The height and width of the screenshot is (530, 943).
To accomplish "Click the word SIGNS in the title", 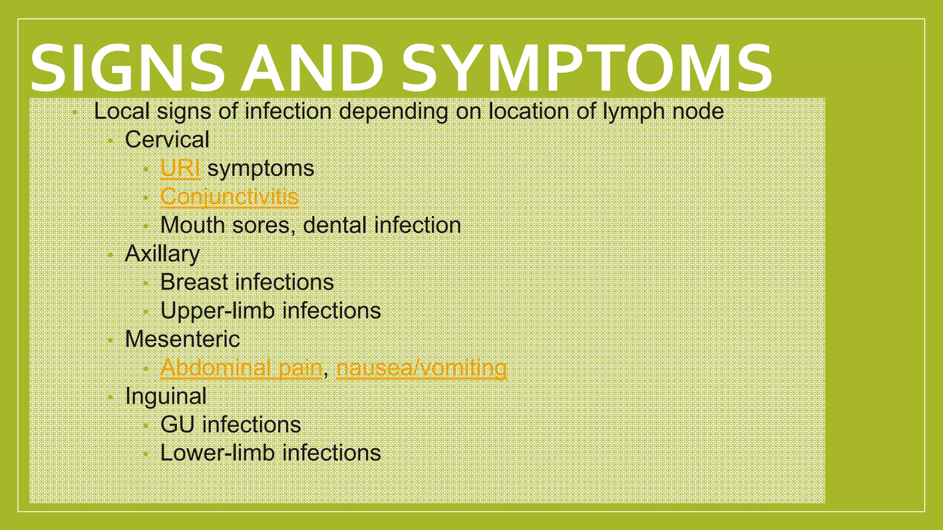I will [127, 68].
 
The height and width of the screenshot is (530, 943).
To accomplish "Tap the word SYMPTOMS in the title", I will [587, 68].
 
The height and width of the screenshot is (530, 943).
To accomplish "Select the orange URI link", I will [180, 168].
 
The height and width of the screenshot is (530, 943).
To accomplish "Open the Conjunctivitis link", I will [229, 197].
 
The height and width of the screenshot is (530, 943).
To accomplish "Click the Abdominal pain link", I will [241, 368].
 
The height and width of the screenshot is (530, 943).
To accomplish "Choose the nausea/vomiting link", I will [421, 368].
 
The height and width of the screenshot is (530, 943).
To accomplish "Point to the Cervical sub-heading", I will [167, 139].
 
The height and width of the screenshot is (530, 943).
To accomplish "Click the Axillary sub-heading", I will [162, 253].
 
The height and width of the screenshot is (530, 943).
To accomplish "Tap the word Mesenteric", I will [182, 339].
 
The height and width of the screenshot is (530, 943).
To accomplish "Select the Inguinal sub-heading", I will [166, 396].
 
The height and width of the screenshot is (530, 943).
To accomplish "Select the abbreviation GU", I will [177, 425].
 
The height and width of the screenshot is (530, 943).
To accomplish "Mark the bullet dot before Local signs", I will [75, 112].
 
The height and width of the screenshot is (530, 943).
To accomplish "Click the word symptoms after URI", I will [261, 168].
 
